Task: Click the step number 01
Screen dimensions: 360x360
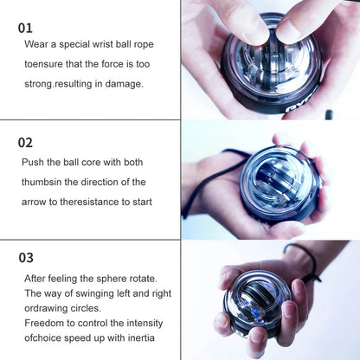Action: pyautogui.click(x=26, y=28)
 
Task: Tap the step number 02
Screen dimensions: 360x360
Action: pyautogui.click(x=26, y=142)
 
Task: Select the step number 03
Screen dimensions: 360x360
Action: pyautogui.click(x=26, y=257)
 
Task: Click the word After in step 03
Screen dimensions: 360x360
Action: pyautogui.click(x=37, y=278)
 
